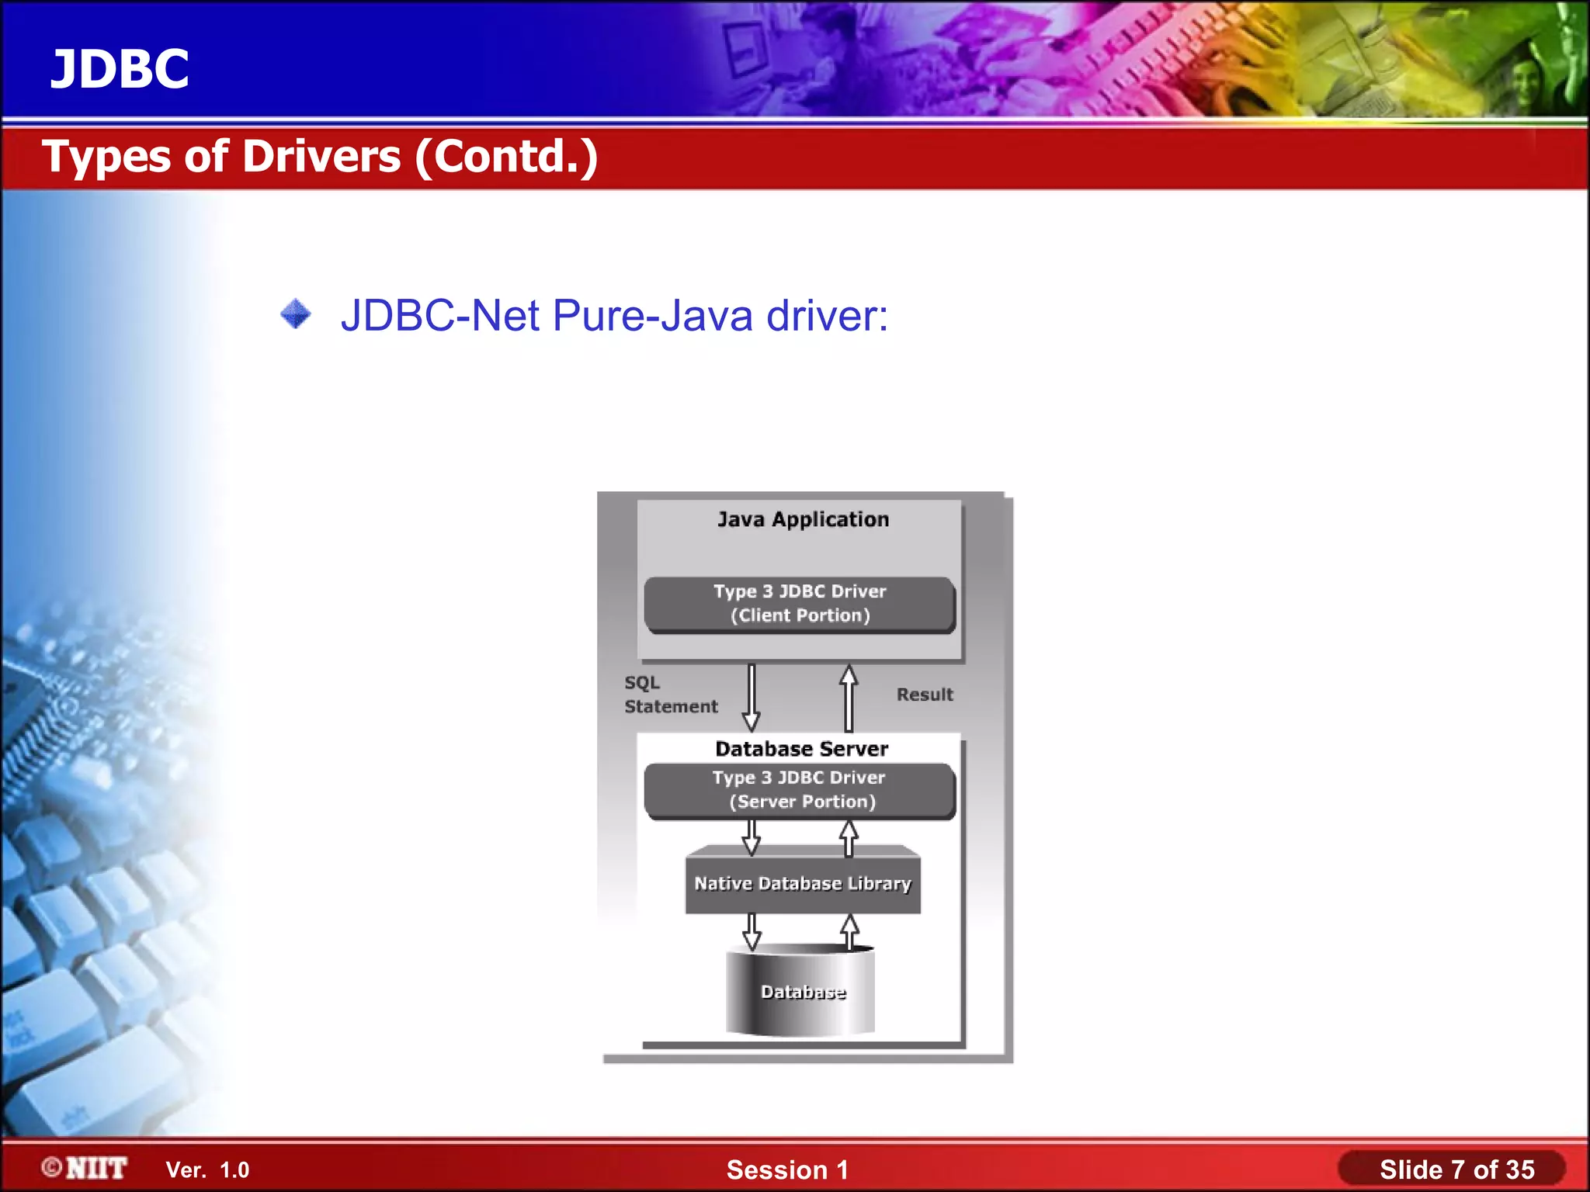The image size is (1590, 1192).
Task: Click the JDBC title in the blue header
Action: [120, 69]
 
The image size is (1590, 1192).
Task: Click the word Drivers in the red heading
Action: [321, 157]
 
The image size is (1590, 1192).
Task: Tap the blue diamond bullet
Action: [296, 314]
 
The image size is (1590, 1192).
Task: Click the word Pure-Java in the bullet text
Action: [652, 316]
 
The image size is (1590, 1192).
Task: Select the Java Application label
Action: [803, 519]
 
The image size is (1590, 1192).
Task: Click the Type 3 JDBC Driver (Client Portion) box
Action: [800, 604]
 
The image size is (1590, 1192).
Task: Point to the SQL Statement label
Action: [671, 695]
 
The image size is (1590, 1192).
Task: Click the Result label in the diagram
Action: [925, 695]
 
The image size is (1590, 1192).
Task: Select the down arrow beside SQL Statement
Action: [751, 697]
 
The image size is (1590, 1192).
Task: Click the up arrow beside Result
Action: [849, 697]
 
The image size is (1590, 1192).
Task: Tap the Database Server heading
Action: [801, 749]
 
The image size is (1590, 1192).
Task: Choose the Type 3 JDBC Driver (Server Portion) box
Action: [800, 790]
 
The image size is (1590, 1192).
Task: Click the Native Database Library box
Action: [803, 883]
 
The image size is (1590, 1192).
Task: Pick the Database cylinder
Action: [801, 992]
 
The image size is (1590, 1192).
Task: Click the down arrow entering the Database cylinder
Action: [752, 931]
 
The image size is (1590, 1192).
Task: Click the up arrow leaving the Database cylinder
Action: [850, 931]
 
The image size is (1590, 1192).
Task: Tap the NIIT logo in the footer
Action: [85, 1169]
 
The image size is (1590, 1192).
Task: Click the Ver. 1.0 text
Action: [207, 1170]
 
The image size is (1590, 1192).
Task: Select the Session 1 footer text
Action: [787, 1170]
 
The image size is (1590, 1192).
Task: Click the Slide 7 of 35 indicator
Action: [1456, 1170]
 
